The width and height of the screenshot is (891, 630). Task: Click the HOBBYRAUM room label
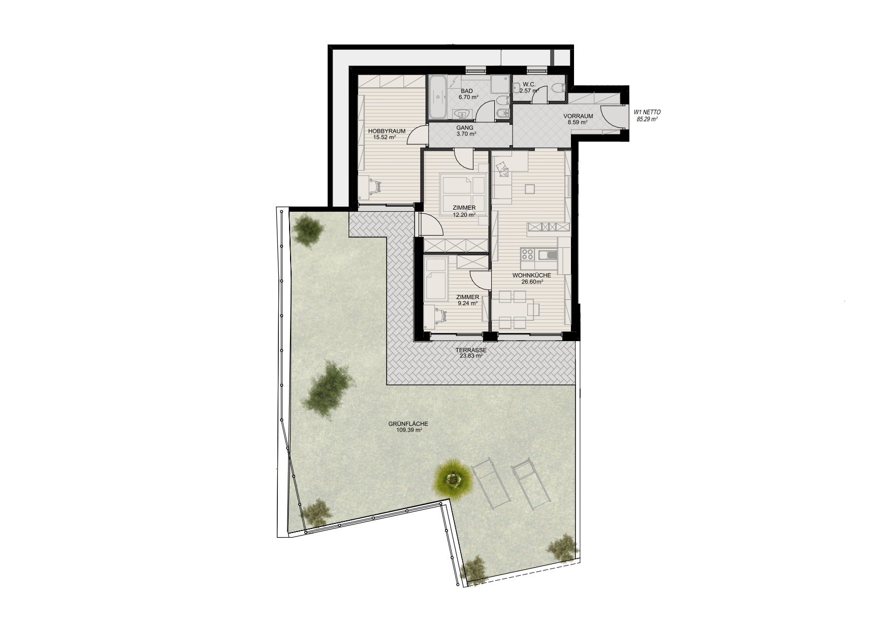pos(387,131)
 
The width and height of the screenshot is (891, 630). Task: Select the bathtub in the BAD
pos(437,98)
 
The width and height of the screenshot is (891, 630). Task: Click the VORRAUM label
pos(578,116)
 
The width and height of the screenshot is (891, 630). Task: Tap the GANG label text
pos(465,127)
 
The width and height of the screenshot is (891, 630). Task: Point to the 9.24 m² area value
pos(467,304)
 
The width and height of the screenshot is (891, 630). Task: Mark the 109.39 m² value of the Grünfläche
pos(409,430)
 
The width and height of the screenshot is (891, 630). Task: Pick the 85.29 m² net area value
pos(647,119)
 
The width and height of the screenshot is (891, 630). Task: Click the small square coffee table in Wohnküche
pos(530,189)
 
